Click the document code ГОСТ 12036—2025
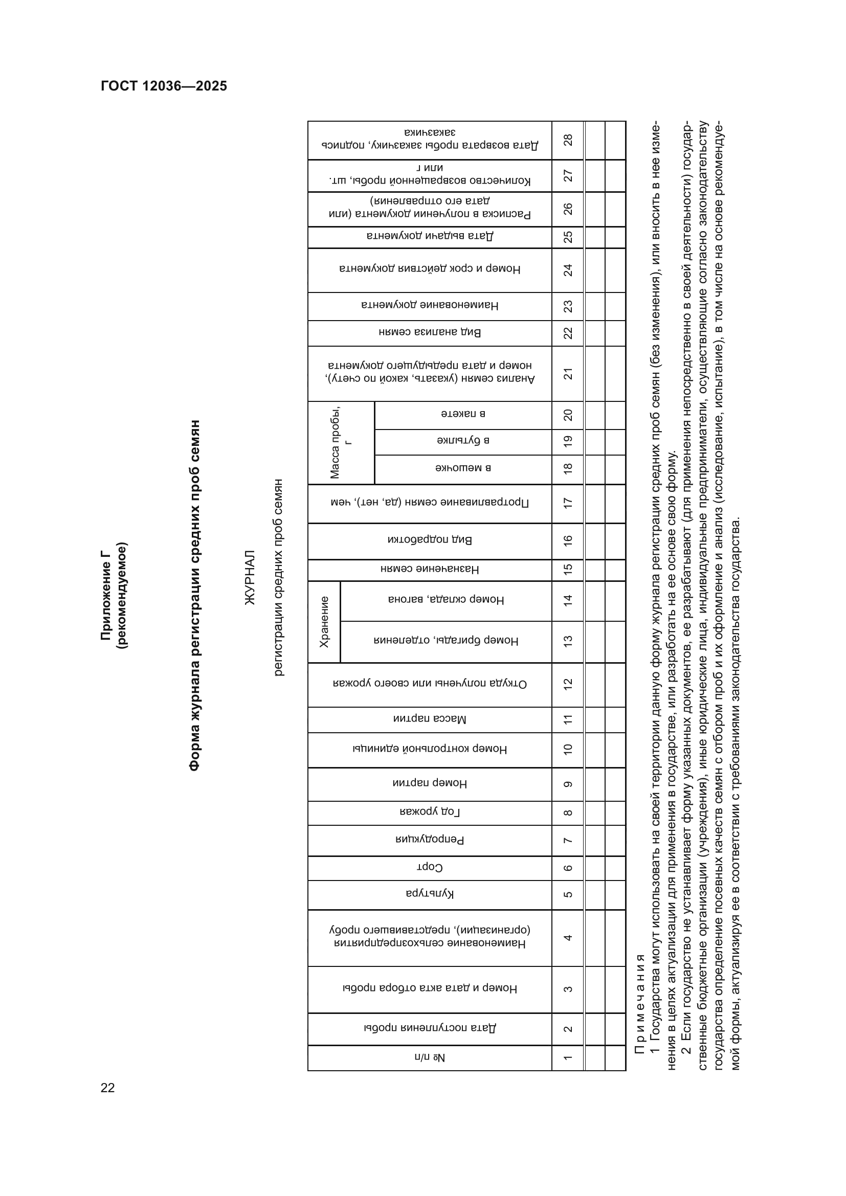coord(164,86)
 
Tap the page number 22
coord(108,1087)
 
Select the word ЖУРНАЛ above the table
coord(250,577)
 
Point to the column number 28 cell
coord(568,140)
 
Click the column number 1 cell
coord(568,1057)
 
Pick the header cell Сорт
coord(429,867)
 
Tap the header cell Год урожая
coord(429,812)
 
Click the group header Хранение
coord(324,621)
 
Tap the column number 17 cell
coord(568,503)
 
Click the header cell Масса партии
coord(429,719)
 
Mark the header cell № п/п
coord(429,1057)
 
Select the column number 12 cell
coord(568,684)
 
